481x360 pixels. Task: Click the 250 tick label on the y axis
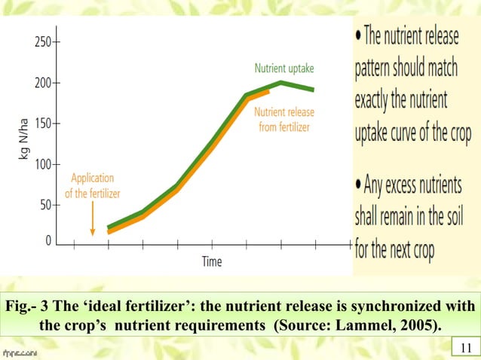pyautogui.click(x=41, y=42)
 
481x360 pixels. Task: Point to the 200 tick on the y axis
pyautogui.click(x=41, y=83)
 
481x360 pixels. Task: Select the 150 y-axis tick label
pyautogui.click(x=41, y=124)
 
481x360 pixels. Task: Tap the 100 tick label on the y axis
pyautogui.click(x=41, y=164)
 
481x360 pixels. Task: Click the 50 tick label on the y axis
pyautogui.click(x=44, y=205)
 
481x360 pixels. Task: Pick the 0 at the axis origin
pyautogui.click(x=48, y=242)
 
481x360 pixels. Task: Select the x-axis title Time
pyautogui.click(x=212, y=262)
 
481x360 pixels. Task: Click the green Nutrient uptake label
pyautogui.click(x=284, y=68)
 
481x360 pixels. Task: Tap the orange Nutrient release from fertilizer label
pyautogui.click(x=284, y=119)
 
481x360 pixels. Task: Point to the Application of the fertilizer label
pyautogui.click(x=93, y=186)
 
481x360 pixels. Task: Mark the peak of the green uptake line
pyautogui.click(x=280, y=82)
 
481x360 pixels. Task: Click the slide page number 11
pyautogui.click(x=464, y=347)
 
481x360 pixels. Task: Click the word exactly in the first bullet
pyautogui.click(x=381, y=99)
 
